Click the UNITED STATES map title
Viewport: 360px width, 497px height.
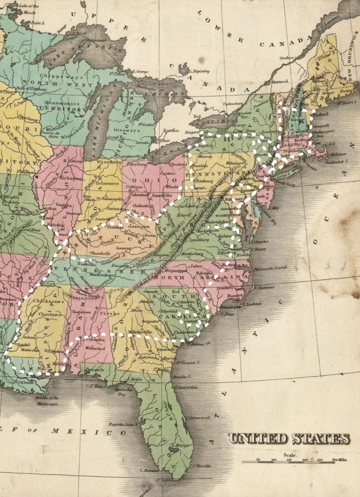[x=289, y=439]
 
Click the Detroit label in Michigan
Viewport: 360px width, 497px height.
[x=141, y=142]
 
